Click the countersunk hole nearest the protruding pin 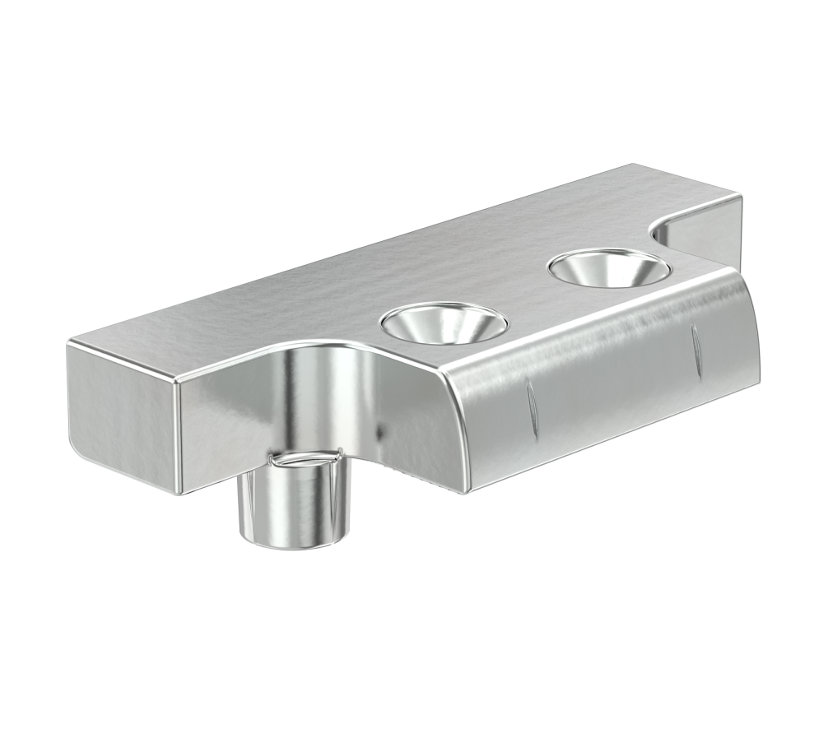tap(444, 323)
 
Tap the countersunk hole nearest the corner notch tap(608, 268)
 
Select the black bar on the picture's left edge tap(25, 364)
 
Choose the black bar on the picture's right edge tap(802, 364)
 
